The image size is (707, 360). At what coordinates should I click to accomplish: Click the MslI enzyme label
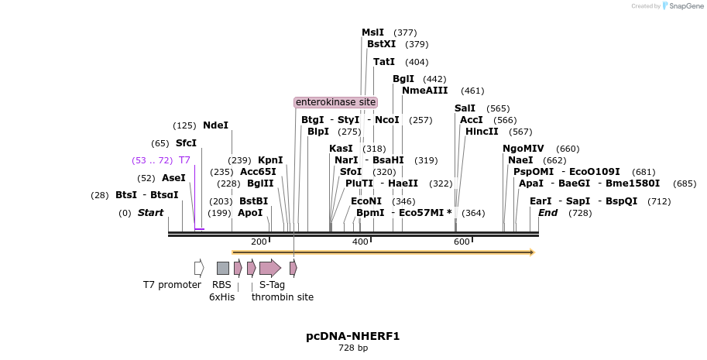(x=372, y=33)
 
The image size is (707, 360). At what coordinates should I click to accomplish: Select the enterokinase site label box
(x=335, y=102)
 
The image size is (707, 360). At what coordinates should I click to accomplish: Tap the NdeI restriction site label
(x=215, y=125)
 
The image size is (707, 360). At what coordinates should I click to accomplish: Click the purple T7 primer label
(x=184, y=160)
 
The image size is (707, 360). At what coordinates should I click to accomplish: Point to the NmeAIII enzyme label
(x=424, y=91)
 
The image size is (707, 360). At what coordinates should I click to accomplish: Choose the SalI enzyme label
(x=465, y=108)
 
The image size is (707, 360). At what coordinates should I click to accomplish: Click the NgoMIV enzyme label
(x=523, y=149)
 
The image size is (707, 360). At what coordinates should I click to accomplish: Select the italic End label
(x=547, y=213)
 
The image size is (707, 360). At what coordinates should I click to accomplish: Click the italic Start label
(x=150, y=213)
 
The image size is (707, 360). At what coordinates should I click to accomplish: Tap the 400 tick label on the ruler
(x=360, y=242)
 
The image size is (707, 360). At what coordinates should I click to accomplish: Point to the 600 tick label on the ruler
(x=462, y=242)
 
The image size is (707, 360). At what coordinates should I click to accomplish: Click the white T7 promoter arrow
(x=199, y=268)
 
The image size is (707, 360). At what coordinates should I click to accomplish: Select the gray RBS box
(x=222, y=268)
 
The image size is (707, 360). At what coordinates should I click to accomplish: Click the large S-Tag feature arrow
(x=269, y=268)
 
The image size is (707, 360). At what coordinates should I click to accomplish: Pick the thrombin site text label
(x=283, y=297)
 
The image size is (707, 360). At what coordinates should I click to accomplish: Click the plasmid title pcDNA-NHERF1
(x=353, y=336)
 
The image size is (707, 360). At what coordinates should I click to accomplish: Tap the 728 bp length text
(x=353, y=348)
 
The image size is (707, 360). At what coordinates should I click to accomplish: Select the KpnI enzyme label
(x=270, y=160)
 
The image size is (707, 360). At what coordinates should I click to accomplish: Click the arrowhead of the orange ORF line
(x=532, y=252)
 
